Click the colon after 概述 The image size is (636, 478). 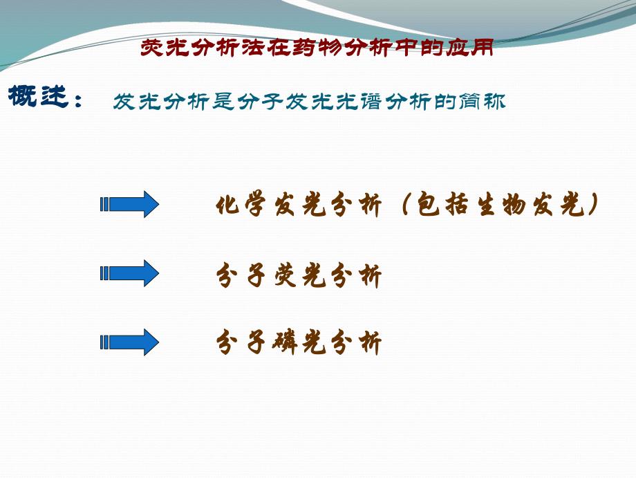[x=78, y=100]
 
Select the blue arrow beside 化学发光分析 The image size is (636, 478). [x=130, y=204]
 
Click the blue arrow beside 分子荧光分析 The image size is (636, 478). [x=130, y=273]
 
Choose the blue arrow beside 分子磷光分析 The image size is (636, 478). [x=130, y=342]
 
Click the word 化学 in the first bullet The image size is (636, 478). [x=241, y=205]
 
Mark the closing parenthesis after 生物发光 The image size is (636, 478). [x=593, y=205]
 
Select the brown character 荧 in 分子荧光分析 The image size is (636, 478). [x=286, y=275]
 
